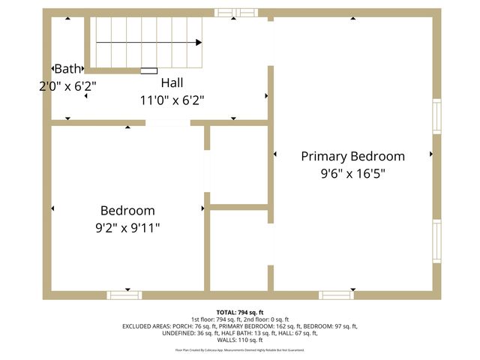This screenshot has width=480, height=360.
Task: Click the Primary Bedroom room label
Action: click(x=352, y=156)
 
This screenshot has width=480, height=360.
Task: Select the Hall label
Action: click(x=172, y=82)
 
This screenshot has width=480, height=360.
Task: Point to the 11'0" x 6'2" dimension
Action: click(x=172, y=99)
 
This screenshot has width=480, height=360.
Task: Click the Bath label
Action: click(x=67, y=69)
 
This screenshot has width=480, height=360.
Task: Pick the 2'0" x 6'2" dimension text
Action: click(x=67, y=85)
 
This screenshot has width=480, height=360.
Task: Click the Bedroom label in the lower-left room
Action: click(x=127, y=211)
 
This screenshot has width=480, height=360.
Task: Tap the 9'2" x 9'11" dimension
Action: click(x=127, y=226)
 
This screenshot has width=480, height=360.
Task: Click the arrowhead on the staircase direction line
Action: click(x=199, y=43)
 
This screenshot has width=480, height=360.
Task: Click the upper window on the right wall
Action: click(x=436, y=117)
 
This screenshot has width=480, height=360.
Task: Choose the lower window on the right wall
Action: click(x=436, y=241)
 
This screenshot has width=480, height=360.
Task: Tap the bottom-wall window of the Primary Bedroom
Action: click(x=337, y=295)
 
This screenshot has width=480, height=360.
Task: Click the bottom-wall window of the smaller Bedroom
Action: click(x=124, y=295)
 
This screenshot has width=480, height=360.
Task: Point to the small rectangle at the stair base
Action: click(x=148, y=71)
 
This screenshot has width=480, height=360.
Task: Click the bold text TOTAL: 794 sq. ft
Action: click(x=240, y=312)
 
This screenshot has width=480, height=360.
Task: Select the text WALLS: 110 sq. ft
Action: click(x=240, y=340)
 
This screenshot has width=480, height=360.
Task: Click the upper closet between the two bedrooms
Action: click(x=238, y=164)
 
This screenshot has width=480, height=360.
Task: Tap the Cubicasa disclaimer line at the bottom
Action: click(x=240, y=349)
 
